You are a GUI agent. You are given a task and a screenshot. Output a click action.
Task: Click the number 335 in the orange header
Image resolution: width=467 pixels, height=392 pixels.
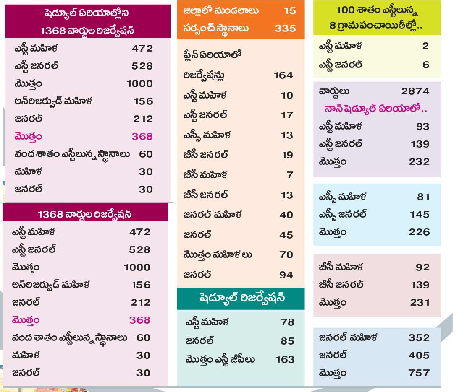click(285, 29)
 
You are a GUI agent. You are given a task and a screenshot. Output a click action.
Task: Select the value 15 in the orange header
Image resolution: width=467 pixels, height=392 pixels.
click(289, 10)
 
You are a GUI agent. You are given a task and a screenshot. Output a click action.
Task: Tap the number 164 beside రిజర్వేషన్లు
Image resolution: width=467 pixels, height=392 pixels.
click(283, 75)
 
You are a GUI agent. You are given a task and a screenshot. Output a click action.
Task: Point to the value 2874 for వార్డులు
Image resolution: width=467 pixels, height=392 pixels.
click(415, 91)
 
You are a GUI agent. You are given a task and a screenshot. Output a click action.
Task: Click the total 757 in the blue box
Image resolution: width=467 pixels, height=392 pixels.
click(419, 373)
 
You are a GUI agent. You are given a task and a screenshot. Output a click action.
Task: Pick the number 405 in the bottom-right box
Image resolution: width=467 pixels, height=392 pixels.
click(419, 356)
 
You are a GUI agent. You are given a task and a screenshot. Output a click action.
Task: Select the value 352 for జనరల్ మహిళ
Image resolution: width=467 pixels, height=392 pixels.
click(419, 338)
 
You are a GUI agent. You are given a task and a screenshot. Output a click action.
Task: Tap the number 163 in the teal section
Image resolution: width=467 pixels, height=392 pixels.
click(285, 360)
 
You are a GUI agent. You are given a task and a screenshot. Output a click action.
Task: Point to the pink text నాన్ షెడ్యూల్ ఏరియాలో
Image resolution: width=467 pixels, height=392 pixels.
click(375, 109)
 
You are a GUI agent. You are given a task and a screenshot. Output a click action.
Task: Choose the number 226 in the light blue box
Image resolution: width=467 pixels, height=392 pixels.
click(419, 232)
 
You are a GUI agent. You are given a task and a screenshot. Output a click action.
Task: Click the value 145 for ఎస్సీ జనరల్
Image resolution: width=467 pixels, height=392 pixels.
click(420, 215)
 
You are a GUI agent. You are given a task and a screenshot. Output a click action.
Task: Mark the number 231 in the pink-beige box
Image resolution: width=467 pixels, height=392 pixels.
click(420, 303)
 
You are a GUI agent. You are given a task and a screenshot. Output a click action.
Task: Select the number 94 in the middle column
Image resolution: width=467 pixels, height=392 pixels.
click(286, 275)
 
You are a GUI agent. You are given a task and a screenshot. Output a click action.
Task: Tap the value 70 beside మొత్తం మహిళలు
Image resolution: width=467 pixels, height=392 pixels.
click(287, 255)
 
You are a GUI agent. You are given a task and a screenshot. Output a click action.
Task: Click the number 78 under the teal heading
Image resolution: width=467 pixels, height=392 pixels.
click(287, 322)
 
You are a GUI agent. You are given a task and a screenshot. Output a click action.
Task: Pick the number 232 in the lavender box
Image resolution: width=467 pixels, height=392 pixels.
click(419, 162)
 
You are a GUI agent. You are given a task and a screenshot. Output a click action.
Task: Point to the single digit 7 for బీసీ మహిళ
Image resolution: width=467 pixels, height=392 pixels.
click(290, 175)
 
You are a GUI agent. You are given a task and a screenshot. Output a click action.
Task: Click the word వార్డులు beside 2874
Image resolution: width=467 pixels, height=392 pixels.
click(334, 91)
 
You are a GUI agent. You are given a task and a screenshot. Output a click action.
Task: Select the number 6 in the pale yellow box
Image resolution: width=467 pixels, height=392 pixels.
click(426, 65)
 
